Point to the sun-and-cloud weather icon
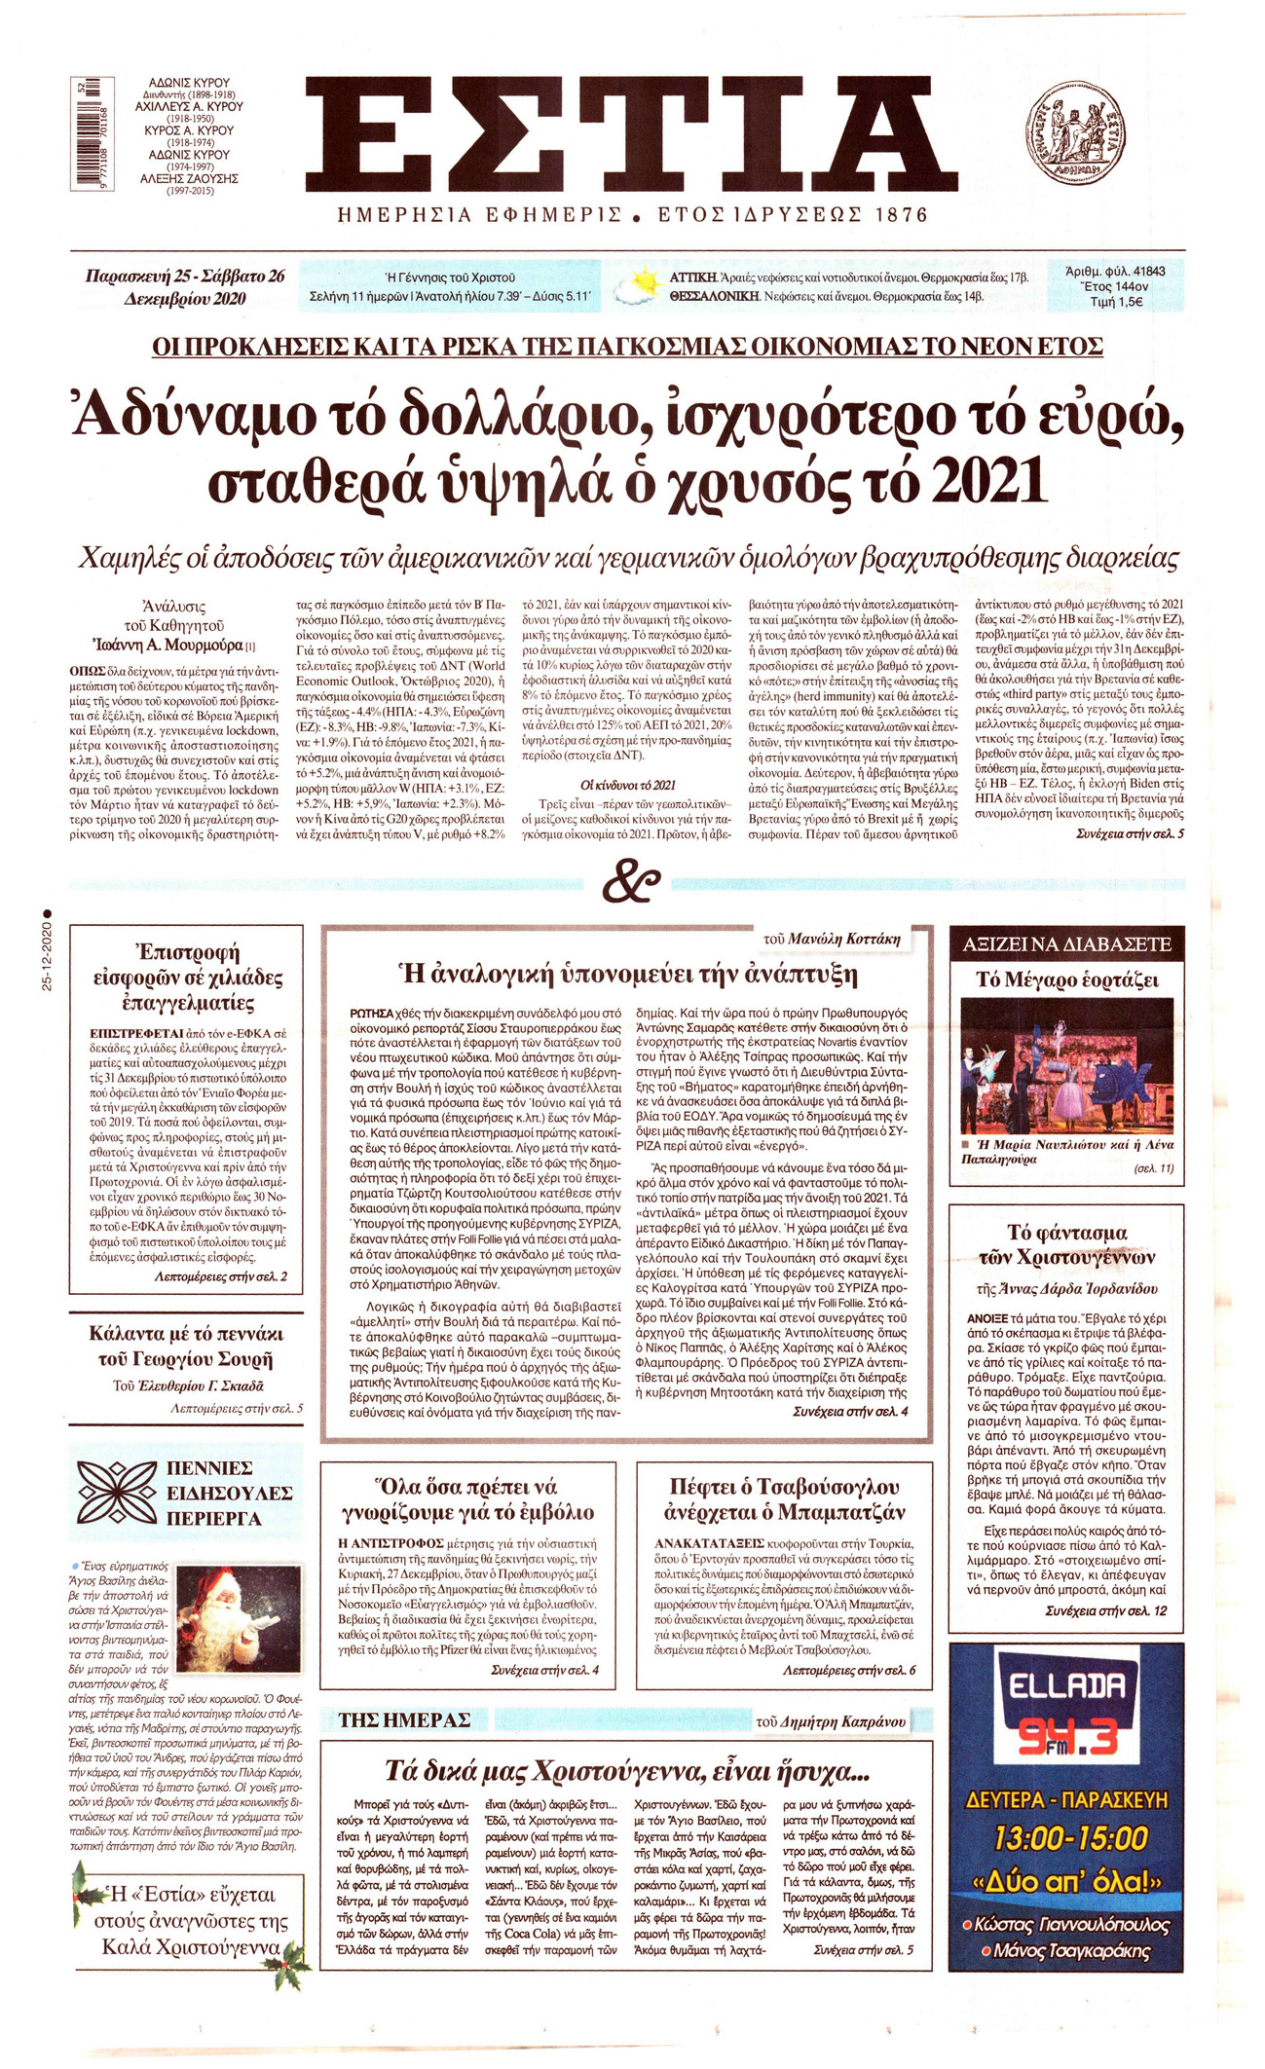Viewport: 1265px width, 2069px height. tap(636, 285)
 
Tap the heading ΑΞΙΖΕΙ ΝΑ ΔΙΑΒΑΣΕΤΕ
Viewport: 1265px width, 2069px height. tap(1066, 944)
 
